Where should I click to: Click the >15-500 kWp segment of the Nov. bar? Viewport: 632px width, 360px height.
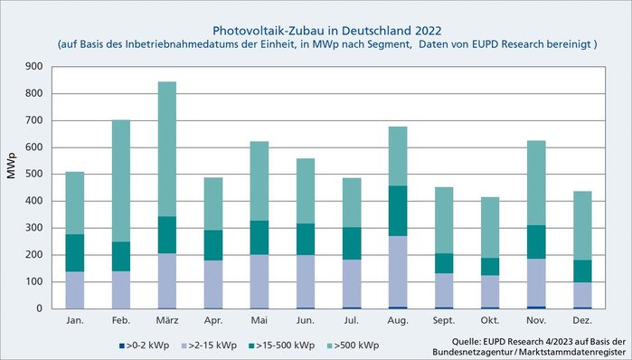[x=536, y=242]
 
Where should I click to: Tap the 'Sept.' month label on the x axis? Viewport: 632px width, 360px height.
[x=442, y=320]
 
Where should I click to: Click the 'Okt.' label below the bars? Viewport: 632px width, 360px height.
[x=489, y=320]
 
